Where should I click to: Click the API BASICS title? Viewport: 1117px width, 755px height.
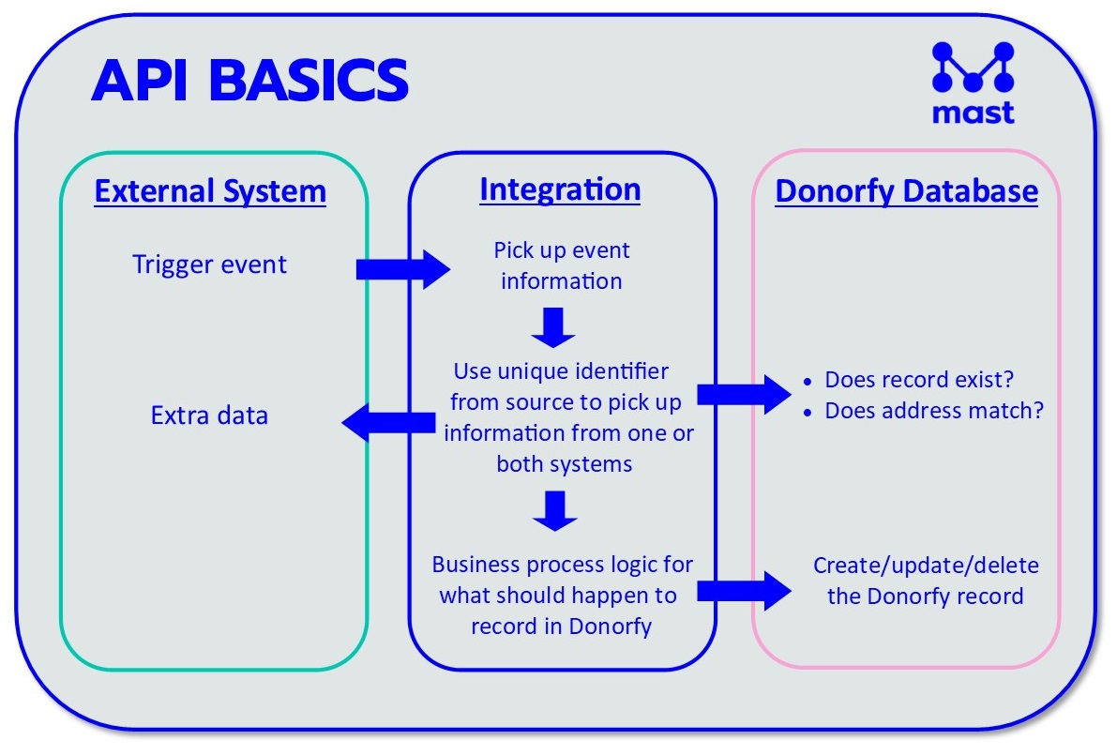tap(249, 81)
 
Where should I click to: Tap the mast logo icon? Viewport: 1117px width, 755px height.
tap(973, 68)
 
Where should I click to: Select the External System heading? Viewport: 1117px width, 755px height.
tap(210, 192)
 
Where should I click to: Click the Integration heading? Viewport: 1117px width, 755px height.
tap(560, 189)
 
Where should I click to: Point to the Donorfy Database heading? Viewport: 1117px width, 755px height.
tap(906, 192)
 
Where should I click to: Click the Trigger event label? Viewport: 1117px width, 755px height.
tap(209, 264)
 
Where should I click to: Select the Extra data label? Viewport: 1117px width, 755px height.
tap(209, 415)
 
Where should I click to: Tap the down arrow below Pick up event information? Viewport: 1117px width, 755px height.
tap(554, 325)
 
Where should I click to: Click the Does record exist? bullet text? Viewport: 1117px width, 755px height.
tap(920, 380)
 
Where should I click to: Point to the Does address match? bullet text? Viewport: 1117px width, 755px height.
tap(933, 411)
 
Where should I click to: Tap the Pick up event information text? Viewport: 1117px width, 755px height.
tap(562, 265)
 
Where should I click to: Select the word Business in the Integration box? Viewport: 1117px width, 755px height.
tap(474, 566)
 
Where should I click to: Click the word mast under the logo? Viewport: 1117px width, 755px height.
tap(973, 113)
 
